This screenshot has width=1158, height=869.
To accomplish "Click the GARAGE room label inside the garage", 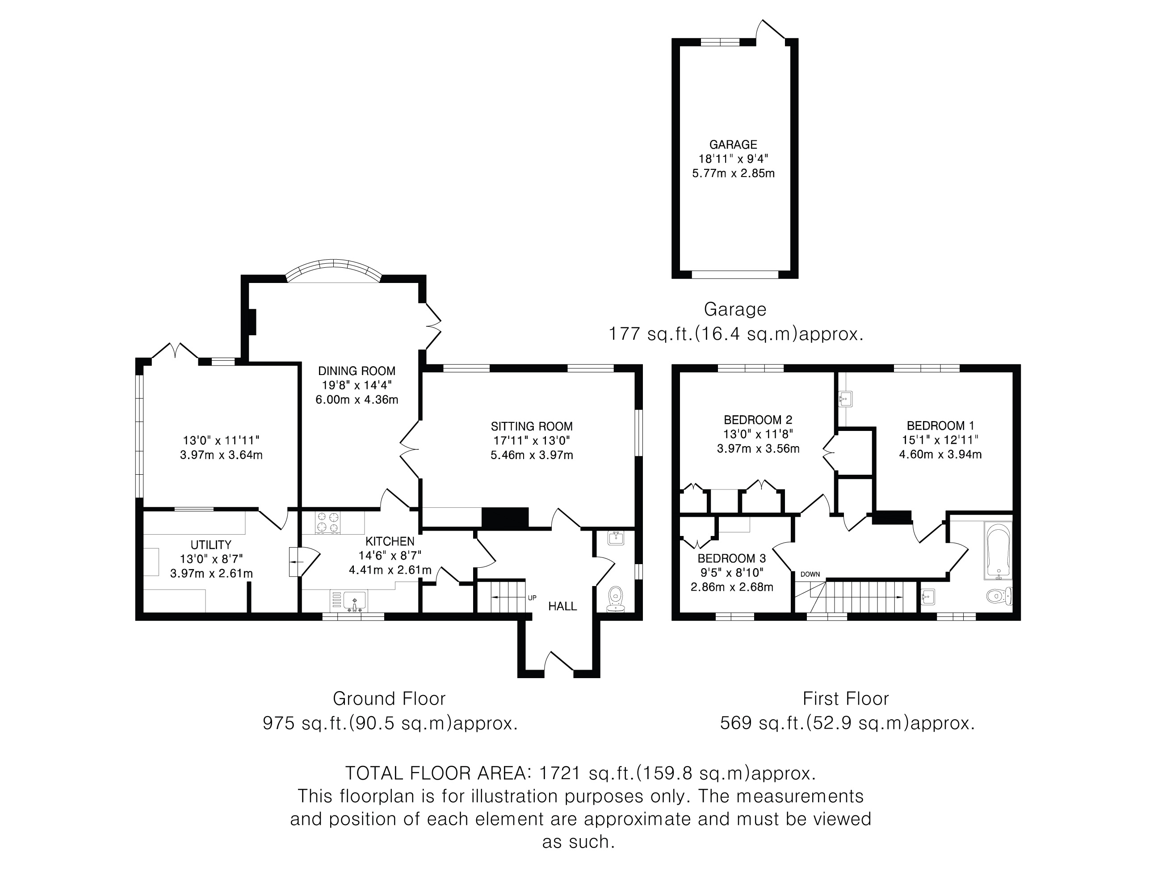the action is pyautogui.click(x=733, y=144).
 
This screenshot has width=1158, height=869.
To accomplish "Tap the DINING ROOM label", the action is pyautogui.click(x=357, y=371).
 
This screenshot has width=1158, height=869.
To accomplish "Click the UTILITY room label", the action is pyautogui.click(x=210, y=545).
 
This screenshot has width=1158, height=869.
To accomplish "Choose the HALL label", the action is pyautogui.click(x=562, y=607).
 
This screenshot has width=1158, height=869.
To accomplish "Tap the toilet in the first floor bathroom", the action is pyautogui.click(x=999, y=595).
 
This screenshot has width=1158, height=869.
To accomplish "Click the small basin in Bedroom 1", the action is pyautogui.click(x=844, y=400).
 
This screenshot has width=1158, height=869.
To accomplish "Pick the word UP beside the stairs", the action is pyautogui.click(x=532, y=598).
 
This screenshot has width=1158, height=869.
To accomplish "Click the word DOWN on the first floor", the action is pyautogui.click(x=810, y=574).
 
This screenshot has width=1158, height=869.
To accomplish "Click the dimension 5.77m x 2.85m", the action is pyautogui.click(x=733, y=173).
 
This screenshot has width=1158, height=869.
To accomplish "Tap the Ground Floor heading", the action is pyautogui.click(x=389, y=699).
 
